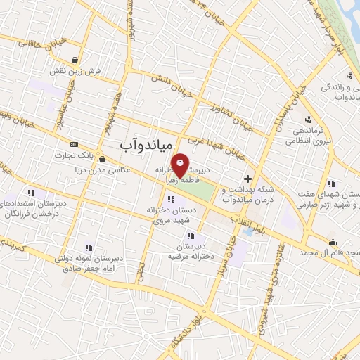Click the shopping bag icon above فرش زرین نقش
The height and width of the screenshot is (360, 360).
[x=75, y=60]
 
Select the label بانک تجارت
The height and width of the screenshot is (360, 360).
[x=77, y=154]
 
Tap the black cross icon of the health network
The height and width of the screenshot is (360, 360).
[x=247, y=179]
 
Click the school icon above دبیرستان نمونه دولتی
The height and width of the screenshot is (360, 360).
[x=89, y=247]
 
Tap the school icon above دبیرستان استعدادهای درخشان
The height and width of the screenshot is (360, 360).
[x=31, y=192]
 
